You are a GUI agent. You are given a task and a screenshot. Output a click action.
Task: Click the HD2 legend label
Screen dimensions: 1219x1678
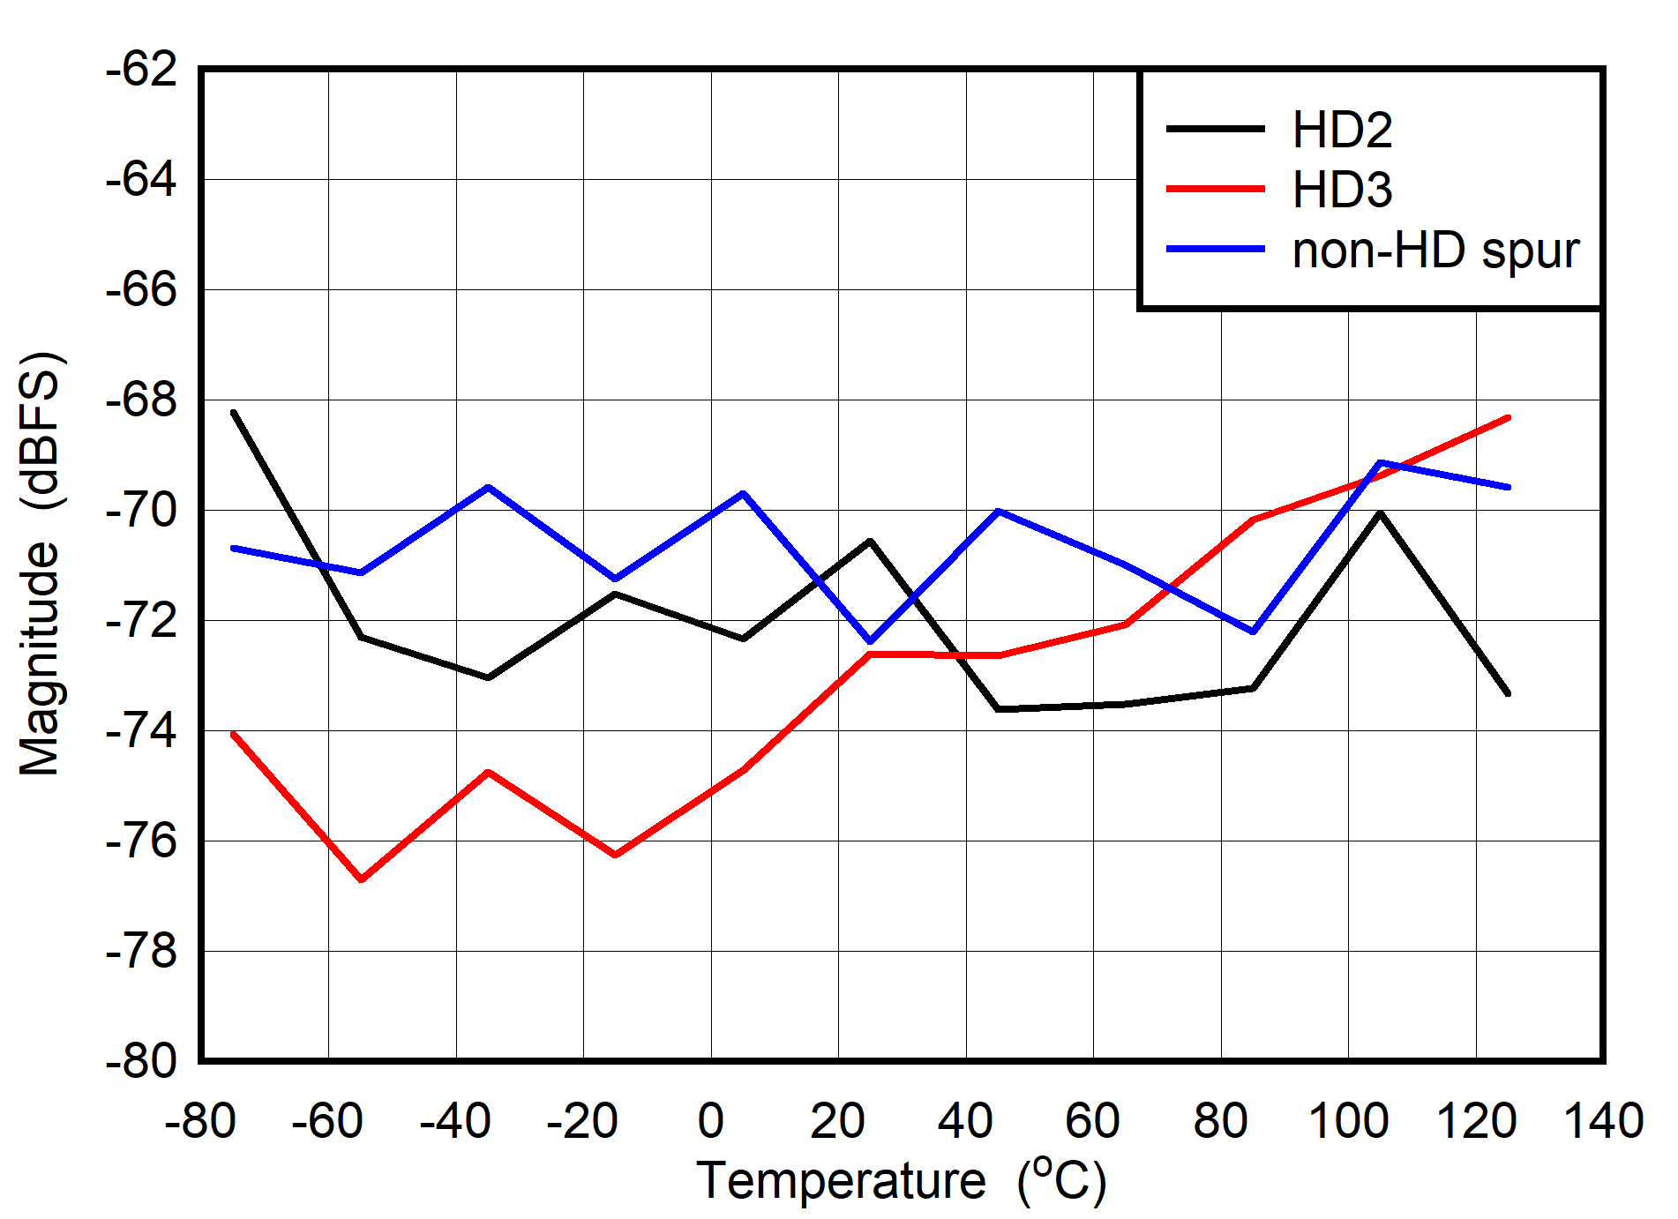(1341, 131)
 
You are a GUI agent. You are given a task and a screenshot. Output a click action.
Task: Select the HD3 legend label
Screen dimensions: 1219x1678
(1341, 191)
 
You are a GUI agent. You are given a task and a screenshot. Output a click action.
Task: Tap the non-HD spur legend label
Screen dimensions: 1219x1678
(1435, 251)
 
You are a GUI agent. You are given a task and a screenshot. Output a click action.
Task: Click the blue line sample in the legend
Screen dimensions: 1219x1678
(1215, 250)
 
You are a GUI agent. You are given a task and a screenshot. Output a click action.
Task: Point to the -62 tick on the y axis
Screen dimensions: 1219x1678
(141, 70)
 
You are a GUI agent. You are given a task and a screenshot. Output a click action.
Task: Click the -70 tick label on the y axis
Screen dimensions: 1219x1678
(141, 510)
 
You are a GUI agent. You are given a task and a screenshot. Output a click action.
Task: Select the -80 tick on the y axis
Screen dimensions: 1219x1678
(141, 1060)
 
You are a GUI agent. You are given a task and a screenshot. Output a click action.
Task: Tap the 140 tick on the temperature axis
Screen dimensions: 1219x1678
(1603, 1122)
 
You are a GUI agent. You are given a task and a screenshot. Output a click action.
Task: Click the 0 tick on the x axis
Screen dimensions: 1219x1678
(711, 1122)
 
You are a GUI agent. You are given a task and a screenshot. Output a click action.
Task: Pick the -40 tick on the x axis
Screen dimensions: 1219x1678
(455, 1122)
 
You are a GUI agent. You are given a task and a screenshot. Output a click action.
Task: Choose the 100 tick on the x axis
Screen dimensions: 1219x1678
(1348, 1122)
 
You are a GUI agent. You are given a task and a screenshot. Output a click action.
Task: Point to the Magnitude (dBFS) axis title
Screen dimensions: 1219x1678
(41, 565)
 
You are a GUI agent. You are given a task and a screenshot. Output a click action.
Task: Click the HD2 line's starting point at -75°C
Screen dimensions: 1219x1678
(234, 412)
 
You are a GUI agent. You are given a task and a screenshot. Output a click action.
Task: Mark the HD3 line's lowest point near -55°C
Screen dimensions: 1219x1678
(362, 879)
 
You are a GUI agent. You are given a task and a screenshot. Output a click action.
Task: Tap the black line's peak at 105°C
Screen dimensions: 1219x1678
(1380, 512)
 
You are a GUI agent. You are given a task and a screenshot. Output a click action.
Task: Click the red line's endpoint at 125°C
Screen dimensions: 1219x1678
(1508, 417)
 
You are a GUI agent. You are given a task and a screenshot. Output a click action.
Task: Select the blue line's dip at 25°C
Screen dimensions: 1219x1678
(871, 641)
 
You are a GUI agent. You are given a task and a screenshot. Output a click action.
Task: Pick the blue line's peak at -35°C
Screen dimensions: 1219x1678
(488, 487)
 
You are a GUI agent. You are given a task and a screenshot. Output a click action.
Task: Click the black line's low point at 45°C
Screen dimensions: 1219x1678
(998, 709)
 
